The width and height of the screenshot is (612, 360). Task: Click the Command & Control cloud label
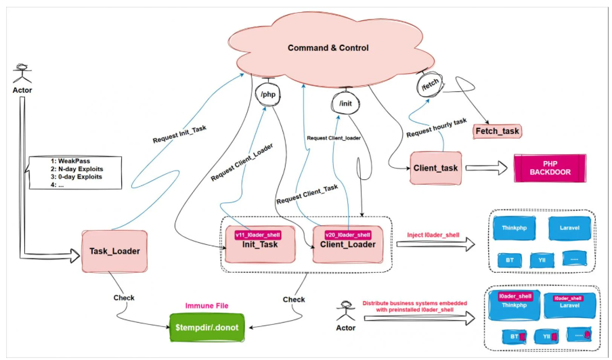coord(328,48)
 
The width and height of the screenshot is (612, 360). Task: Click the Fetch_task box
coord(497,129)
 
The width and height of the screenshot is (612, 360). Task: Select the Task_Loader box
coord(114,251)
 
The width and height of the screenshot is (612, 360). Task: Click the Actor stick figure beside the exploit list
coord(21,74)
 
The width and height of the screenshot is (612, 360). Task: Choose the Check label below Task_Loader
coord(123,297)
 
